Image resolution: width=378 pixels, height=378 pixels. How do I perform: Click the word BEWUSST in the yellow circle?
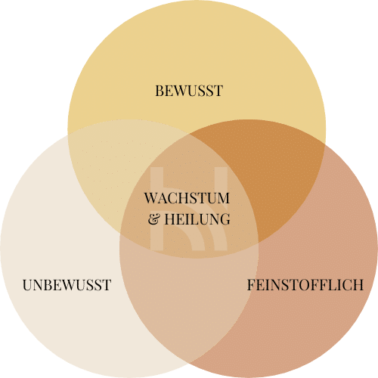click(x=189, y=91)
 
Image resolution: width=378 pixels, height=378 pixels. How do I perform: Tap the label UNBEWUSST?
click(x=67, y=285)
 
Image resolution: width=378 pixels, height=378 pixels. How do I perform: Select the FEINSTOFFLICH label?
click(x=305, y=285)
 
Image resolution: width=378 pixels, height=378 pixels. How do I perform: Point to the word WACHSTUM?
click(x=187, y=198)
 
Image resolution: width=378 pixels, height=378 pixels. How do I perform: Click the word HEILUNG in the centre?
click(x=197, y=219)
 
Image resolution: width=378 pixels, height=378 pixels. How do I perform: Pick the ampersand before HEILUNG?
click(x=154, y=219)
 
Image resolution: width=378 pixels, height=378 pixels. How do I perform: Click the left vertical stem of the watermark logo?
click(x=157, y=209)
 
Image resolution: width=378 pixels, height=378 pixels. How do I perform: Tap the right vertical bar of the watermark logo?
click(x=221, y=209)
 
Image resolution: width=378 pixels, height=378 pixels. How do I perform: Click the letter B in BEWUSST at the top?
click(x=160, y=91)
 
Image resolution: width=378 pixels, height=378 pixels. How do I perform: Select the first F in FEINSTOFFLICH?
click(x=252, y=285)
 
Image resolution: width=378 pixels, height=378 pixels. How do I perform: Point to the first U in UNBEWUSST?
click(x=28, y=285)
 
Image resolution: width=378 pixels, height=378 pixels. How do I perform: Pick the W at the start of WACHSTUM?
click(x=152, y=198)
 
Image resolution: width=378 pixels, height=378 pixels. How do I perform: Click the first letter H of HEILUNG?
click(x=170, y=219)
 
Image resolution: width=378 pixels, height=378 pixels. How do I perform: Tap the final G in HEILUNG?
click(x=225, y=219)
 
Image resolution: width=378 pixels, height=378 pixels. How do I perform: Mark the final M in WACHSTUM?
click(x=223, y=198)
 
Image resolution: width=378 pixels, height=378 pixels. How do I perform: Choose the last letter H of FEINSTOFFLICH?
click(x=358, y=285)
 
